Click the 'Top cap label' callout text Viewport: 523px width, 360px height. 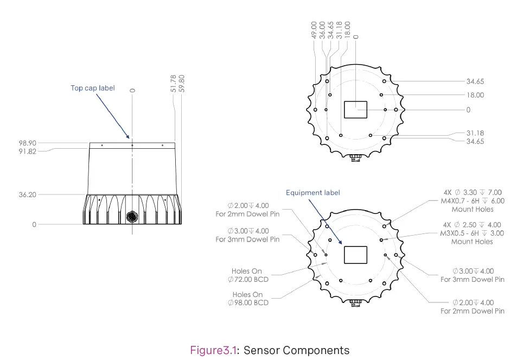pos(92,88)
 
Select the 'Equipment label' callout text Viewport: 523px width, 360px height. pos(313,193)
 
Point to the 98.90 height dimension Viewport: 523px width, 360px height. pos(27,143)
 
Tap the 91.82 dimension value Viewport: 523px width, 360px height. pos(27,151)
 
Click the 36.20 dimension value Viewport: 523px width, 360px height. pos(27,194)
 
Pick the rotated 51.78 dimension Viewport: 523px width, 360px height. pos(174,84)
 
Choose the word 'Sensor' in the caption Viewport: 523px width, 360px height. pos(261,350)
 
